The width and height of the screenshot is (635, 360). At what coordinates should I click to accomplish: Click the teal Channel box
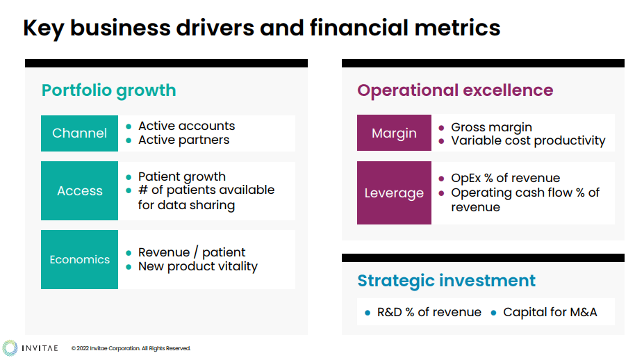(79, 133)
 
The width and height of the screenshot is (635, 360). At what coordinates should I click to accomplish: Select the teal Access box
(79, 190)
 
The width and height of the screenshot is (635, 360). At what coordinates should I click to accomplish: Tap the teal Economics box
(79, 259)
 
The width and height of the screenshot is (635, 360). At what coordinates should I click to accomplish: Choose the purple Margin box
(394, 133)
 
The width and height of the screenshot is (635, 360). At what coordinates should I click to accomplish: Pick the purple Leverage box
(394, 193)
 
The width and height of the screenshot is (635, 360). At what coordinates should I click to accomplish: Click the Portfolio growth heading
(109, 91)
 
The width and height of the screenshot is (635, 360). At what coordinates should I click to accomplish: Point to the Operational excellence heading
(455, 90)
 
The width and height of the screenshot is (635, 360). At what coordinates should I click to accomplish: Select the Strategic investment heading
(446, 280)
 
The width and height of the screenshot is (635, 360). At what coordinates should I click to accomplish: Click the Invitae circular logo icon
(10, 348)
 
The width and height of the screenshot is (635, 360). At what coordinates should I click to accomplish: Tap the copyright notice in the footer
(131, 348)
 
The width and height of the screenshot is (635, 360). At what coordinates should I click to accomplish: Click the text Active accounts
(187, 126)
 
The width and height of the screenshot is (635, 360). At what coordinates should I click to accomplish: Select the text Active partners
(184, 140)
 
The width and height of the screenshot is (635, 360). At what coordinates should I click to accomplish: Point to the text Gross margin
(492, 128)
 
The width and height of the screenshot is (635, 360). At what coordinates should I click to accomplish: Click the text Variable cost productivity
(528, 141)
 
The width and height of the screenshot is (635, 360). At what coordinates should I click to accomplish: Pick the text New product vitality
(198, 266)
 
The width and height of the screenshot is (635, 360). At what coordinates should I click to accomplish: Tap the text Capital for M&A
(550, 312)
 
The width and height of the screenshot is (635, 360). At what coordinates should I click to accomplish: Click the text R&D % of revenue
(429, 312)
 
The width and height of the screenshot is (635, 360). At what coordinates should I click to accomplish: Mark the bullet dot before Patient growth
(129, 177)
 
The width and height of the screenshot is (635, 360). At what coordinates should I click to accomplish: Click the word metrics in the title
(457, 28)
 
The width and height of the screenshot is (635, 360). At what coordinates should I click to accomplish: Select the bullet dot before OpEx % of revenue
(441, 178)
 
